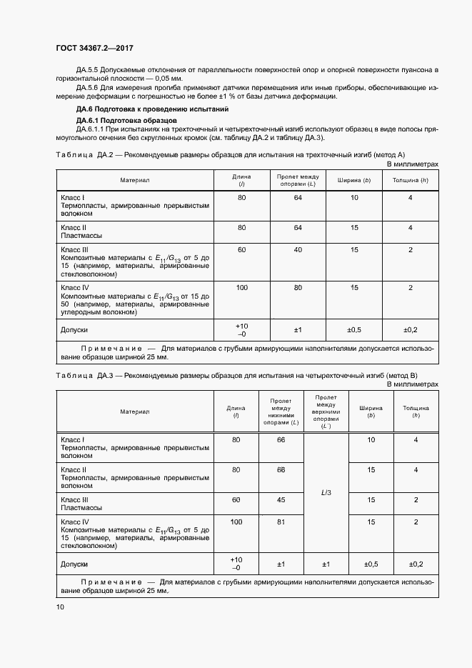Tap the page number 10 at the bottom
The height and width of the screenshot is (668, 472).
coord(59,607)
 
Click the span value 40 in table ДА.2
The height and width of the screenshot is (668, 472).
coord(298,249)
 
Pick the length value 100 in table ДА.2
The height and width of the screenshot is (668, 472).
coord(241,286)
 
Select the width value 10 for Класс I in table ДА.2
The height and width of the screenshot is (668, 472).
coord(354,197)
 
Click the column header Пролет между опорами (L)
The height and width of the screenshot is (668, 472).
coord(298,180)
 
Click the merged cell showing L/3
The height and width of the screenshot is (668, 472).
coord(326,492)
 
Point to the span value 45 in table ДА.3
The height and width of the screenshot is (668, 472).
coord(281,499)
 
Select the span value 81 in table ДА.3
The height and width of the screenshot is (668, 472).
coord(281,522)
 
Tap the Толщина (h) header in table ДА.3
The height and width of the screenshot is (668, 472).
coord(416,412)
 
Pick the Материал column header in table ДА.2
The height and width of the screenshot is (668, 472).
coord(134,180)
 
